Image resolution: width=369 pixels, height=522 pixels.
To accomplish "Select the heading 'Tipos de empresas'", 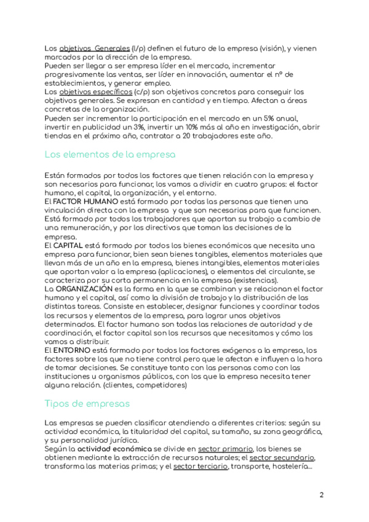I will [87, 403].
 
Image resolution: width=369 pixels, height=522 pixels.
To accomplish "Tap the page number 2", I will [322, 494].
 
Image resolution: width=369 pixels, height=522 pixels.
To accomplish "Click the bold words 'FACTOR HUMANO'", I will [78, 201].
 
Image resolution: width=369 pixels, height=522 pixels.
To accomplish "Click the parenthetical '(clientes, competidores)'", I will [145, 385].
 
